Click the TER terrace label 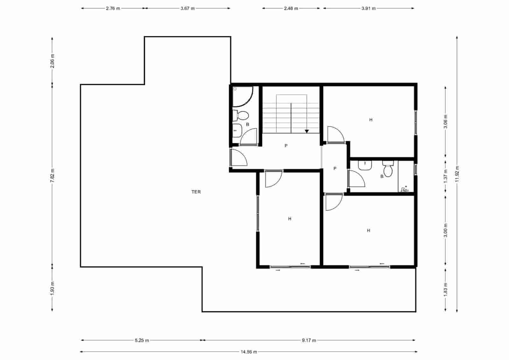pos(196,192)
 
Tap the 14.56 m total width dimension pos(248,352)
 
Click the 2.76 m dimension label pos(113,9)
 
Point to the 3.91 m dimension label pos(368,9)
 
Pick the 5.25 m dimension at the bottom pos(142,340)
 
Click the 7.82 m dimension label pos(52,175)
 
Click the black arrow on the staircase pos(307,131)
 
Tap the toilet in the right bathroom pos(388,169)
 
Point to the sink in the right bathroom pos(365,165)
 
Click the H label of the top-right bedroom pos(371,120)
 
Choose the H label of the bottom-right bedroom pos(368,230)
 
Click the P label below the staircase pos(286,146)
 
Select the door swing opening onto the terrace pos(239,158)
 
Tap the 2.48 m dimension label pos(291,9)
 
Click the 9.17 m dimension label pos(309,340)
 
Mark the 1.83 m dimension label pos(445,289)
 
